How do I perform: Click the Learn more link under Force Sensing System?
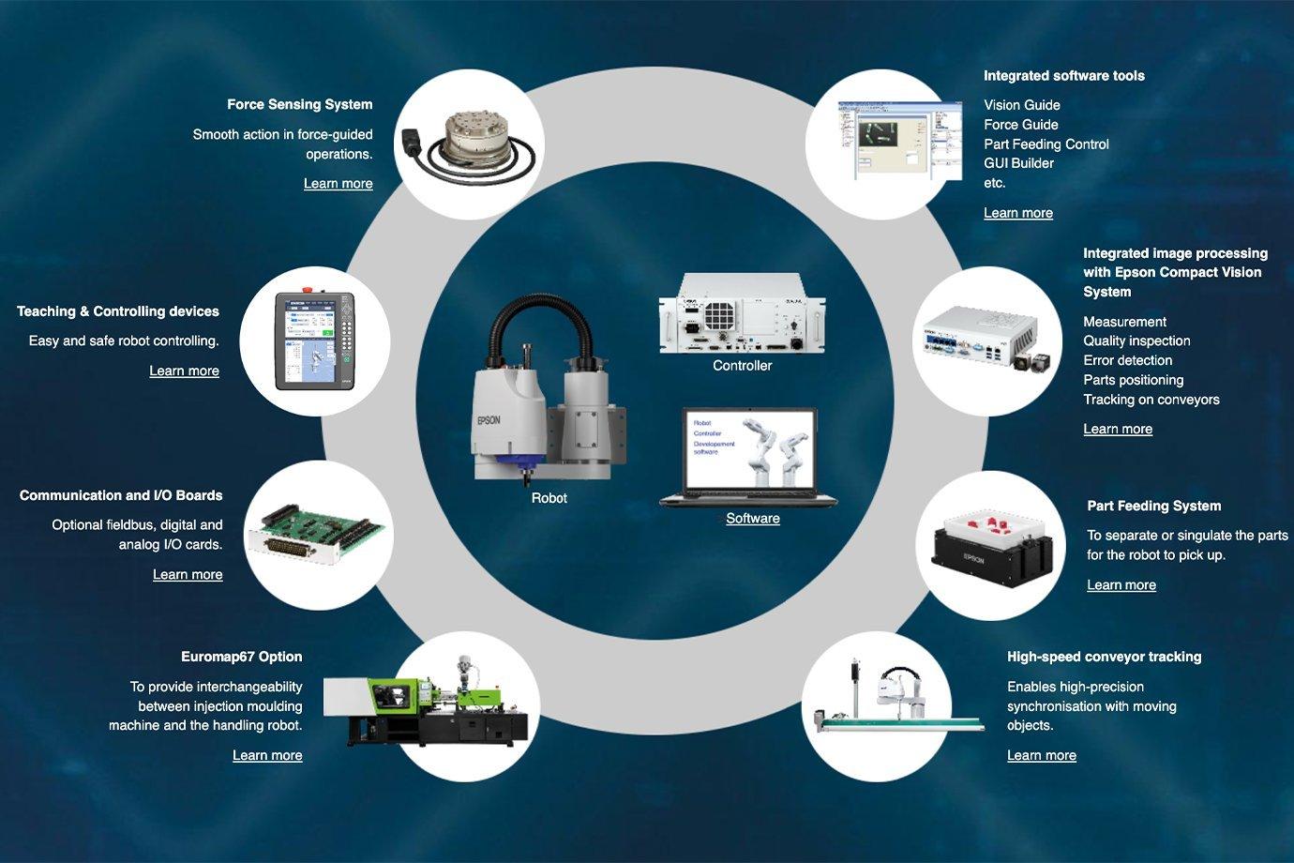pyautogui.click(x=338, y=184)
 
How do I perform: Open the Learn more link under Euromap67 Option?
pyautogui.click(x=267, y=755)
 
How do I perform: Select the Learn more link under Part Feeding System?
pyautogui.click(x=1121, y=585)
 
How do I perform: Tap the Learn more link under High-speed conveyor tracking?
pyautogui.click(x=1042, y=755)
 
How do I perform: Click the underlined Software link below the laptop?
pyautogui.click(x=752, y=519)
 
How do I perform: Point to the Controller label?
pyautogui.click(x=742, y=366)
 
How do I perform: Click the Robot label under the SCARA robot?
pyautogui.click(x=549, y=498)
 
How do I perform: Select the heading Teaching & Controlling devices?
pyautogui.click(x=118, y=311)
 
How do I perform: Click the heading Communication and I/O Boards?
pyautogui.click(x=121, y=495)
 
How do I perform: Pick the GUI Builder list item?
pyautogui.click(x=1018, y=163)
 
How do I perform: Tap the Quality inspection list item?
pyautogui.click(x=1136, y=341)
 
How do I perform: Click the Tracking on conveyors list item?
pyautogui.click(x=1151, y=400)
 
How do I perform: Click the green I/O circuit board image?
pyautogui.click(x=317, y=535)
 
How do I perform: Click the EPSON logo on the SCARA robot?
pyautogui.click(x=489, y=420)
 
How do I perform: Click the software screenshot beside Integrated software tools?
pyautogui.click(x=898, y=141)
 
